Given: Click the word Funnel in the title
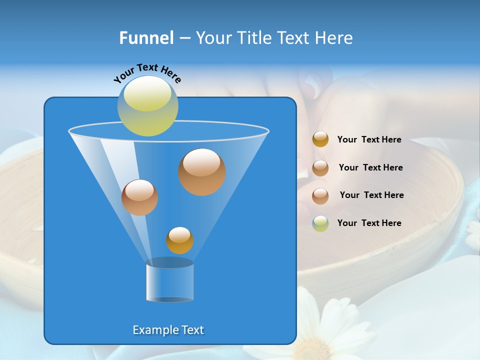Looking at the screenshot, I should pyautogui.click(x=146, y=38).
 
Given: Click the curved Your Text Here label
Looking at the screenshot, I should pyautogui.click(x=147, y=73).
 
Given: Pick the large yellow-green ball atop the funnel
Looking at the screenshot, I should pyautogui.click(x=148, y=106).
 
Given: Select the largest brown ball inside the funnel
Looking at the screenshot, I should pyautogui.click(x=202, y=172).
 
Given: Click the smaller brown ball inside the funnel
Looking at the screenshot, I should pyautogui.click(x=139, y=197).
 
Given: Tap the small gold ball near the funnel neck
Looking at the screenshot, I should pyautogui.click(x=179, y=240).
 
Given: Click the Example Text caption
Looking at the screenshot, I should pyautogui.click(x=168, y=330).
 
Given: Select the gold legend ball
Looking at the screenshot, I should pyautogui.click(x=320, y=139).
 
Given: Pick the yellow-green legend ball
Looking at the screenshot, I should pyautogui.click(x=320, y=223).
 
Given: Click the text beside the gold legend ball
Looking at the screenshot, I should pyautogui.click(x=369, y=140).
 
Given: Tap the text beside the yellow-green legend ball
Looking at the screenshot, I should pyautogui.click(x=369, y=223).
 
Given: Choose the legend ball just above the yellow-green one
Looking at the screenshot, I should pyautogui.click(x=320, y=196).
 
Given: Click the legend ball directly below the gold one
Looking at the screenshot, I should pyautogui.click(x=320, y=168).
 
